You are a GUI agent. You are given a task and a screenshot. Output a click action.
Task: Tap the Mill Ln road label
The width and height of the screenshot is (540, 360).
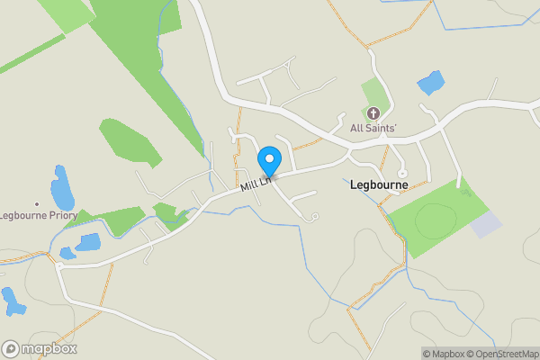256,184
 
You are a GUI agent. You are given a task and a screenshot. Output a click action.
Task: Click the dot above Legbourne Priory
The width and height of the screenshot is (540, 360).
37,204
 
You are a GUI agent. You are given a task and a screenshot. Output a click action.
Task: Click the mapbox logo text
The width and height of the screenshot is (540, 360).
49,349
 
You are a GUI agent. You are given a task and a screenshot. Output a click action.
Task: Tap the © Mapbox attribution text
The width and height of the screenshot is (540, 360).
443,354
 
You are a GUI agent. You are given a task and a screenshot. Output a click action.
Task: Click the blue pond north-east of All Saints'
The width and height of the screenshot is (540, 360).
430,84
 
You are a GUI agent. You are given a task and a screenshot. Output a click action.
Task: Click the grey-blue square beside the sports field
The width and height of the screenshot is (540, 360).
487,225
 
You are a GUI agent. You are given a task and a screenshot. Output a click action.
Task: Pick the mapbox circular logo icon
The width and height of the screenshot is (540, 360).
12,349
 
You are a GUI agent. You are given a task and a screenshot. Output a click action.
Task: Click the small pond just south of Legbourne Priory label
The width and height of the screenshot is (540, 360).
87,243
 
